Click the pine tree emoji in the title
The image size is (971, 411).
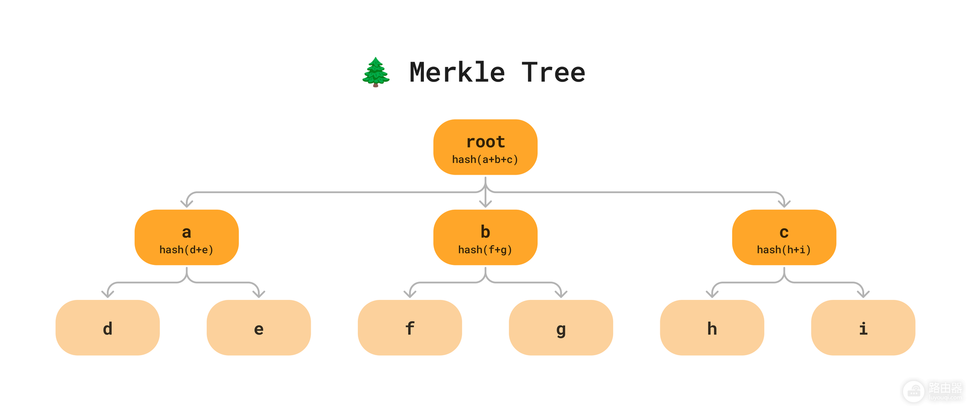coord(376,72)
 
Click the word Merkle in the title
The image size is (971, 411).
coord(457,72)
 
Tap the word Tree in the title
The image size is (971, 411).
coord(553,72)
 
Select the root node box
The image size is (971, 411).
coord(485,147)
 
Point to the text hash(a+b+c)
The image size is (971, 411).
coord(485,160)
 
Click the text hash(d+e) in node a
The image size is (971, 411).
coord(186,250)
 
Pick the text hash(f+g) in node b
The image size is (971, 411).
coord(485,250)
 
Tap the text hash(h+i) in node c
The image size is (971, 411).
coord(784,250)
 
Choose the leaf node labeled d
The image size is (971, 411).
coord(108,328)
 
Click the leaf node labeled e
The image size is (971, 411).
coord(259,328)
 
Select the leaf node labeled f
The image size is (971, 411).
coord(410,328)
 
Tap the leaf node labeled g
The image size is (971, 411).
coord(561,328)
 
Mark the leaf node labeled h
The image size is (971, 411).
coord(712,328)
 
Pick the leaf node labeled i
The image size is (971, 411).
coord(863,328)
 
